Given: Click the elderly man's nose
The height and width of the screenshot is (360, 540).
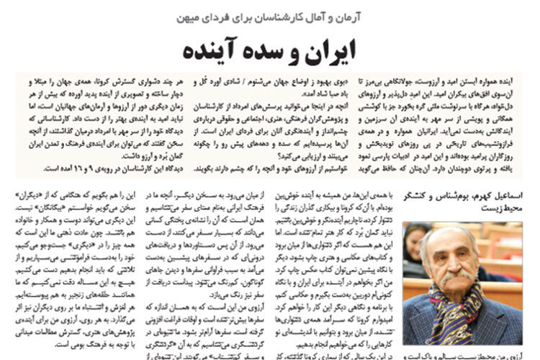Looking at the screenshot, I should click(456, 265).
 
